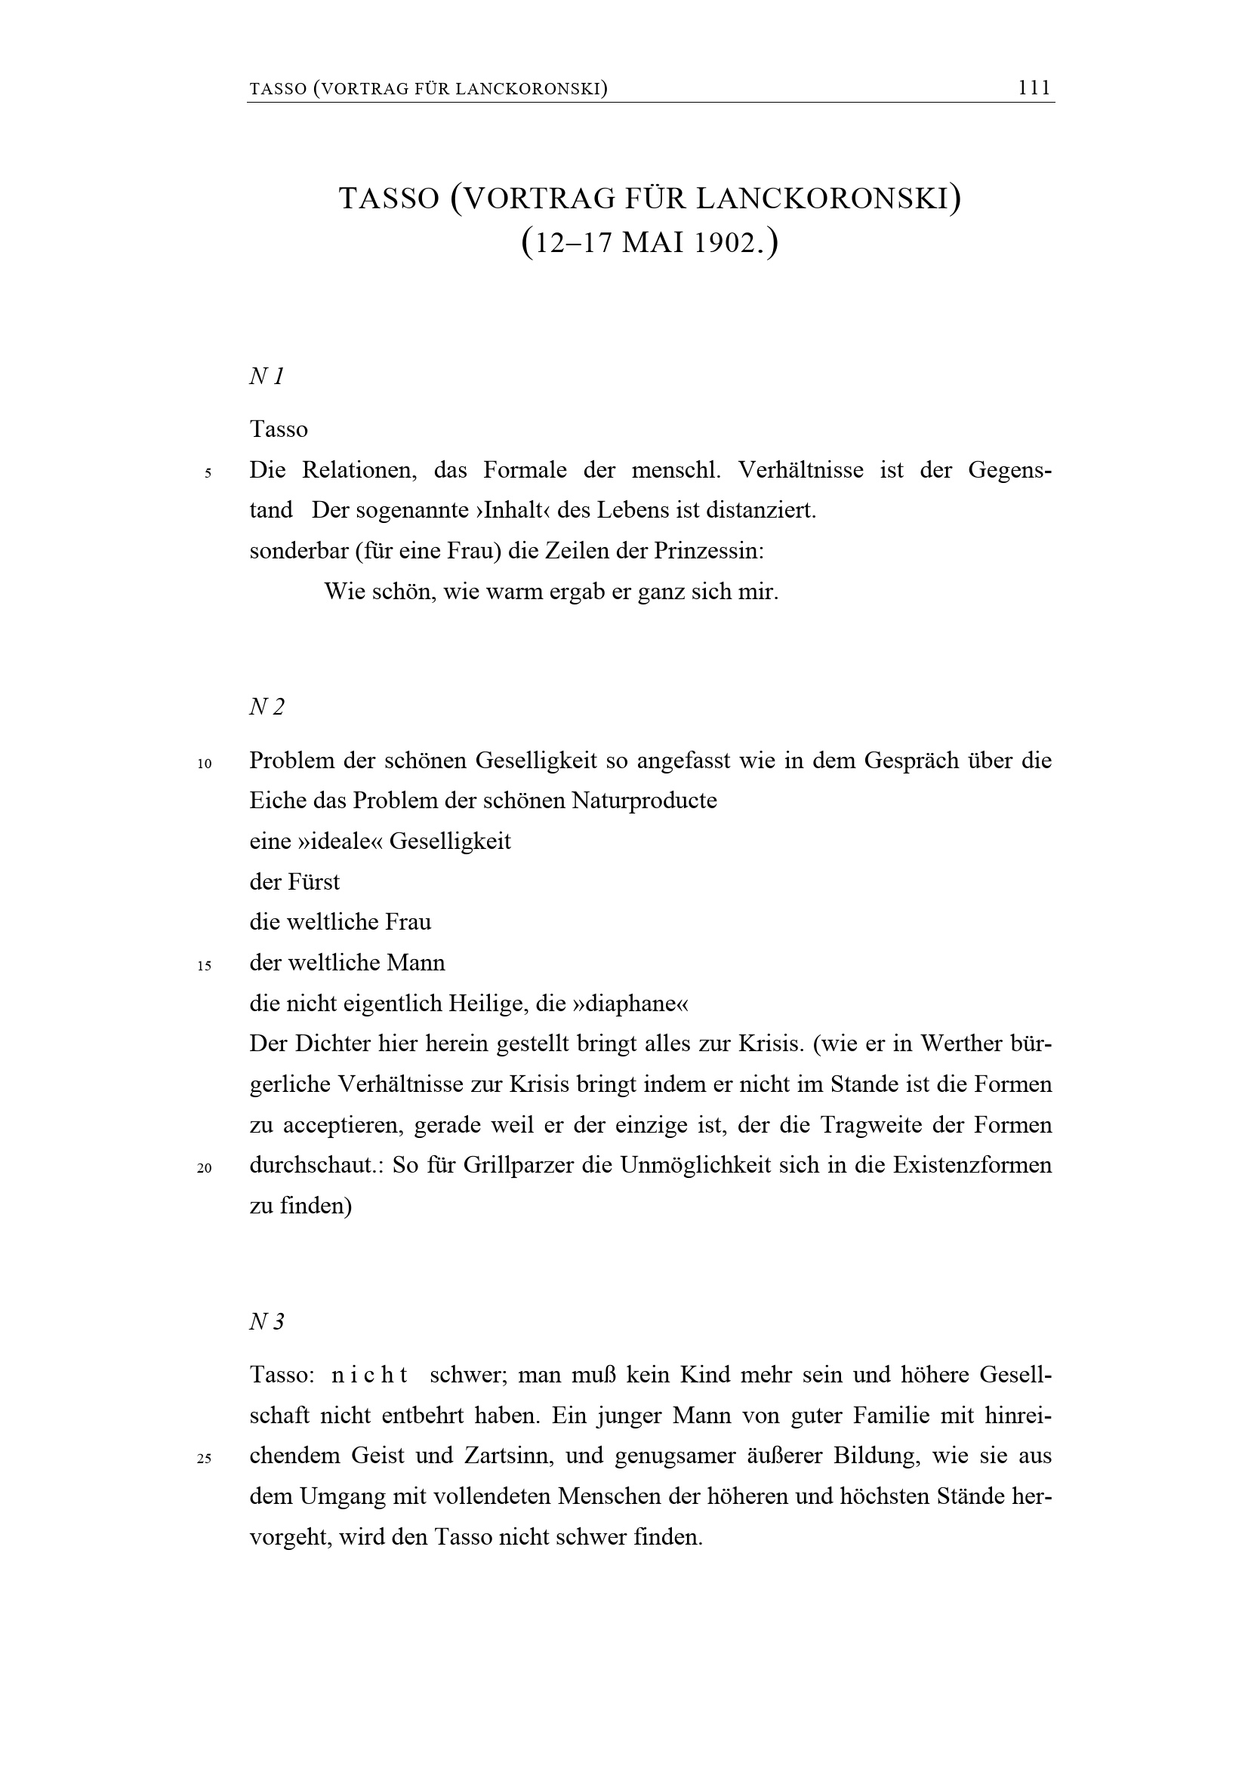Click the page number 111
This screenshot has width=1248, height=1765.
1034,88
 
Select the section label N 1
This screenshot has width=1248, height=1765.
267,377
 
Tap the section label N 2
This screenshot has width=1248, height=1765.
267,706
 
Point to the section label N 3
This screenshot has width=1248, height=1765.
267,1321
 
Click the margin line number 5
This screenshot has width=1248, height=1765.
208,474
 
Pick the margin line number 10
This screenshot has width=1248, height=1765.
205,764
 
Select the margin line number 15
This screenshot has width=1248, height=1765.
205,967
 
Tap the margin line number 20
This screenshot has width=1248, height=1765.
205,1168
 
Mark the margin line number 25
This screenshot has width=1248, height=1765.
205,1459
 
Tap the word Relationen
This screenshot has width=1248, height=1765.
359,469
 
